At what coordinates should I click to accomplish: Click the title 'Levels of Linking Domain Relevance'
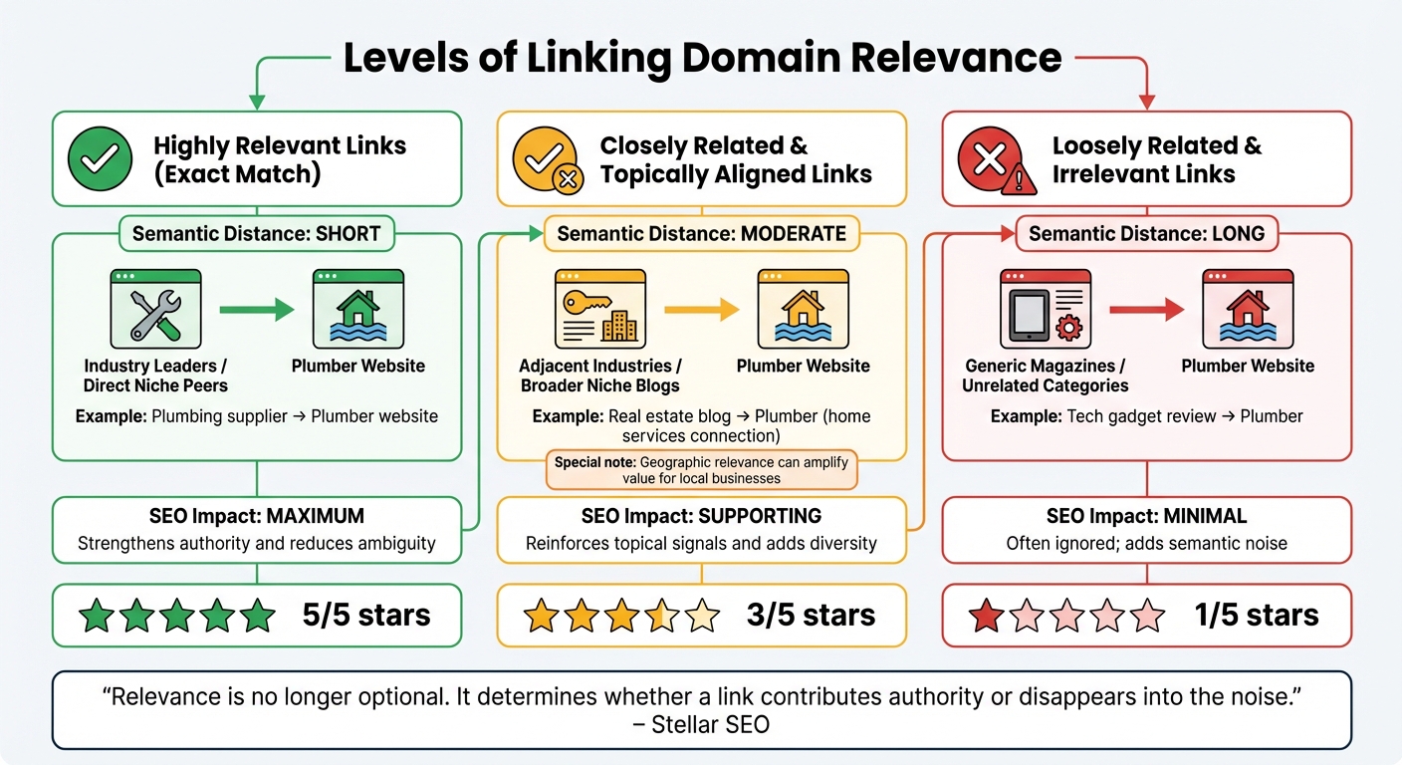[702, 58]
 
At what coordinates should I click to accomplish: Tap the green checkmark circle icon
[101, 158]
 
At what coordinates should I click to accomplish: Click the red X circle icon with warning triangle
[990, 160]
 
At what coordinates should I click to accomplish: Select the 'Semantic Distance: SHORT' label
[257, 234]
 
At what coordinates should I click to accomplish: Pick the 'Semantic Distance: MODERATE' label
[701, 234]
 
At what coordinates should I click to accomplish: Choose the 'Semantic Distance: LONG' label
[1146, 234]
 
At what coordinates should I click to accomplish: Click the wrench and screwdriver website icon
[155, 309]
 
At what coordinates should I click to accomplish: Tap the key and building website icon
[599, 309]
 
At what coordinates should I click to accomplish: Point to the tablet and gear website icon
[1045, 309]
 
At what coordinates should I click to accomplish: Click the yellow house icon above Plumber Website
[803, 309]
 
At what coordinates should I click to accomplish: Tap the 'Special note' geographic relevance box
[701, 470]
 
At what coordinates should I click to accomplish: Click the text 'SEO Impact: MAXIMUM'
[257, 516]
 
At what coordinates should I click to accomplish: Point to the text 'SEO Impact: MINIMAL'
[1146, 516]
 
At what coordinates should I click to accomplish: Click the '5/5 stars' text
[366, 615]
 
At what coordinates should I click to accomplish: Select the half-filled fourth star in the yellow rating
[662, 616]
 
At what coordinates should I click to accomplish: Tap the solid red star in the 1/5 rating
[986, 616]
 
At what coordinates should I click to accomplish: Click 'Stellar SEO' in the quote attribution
[710, 724]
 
